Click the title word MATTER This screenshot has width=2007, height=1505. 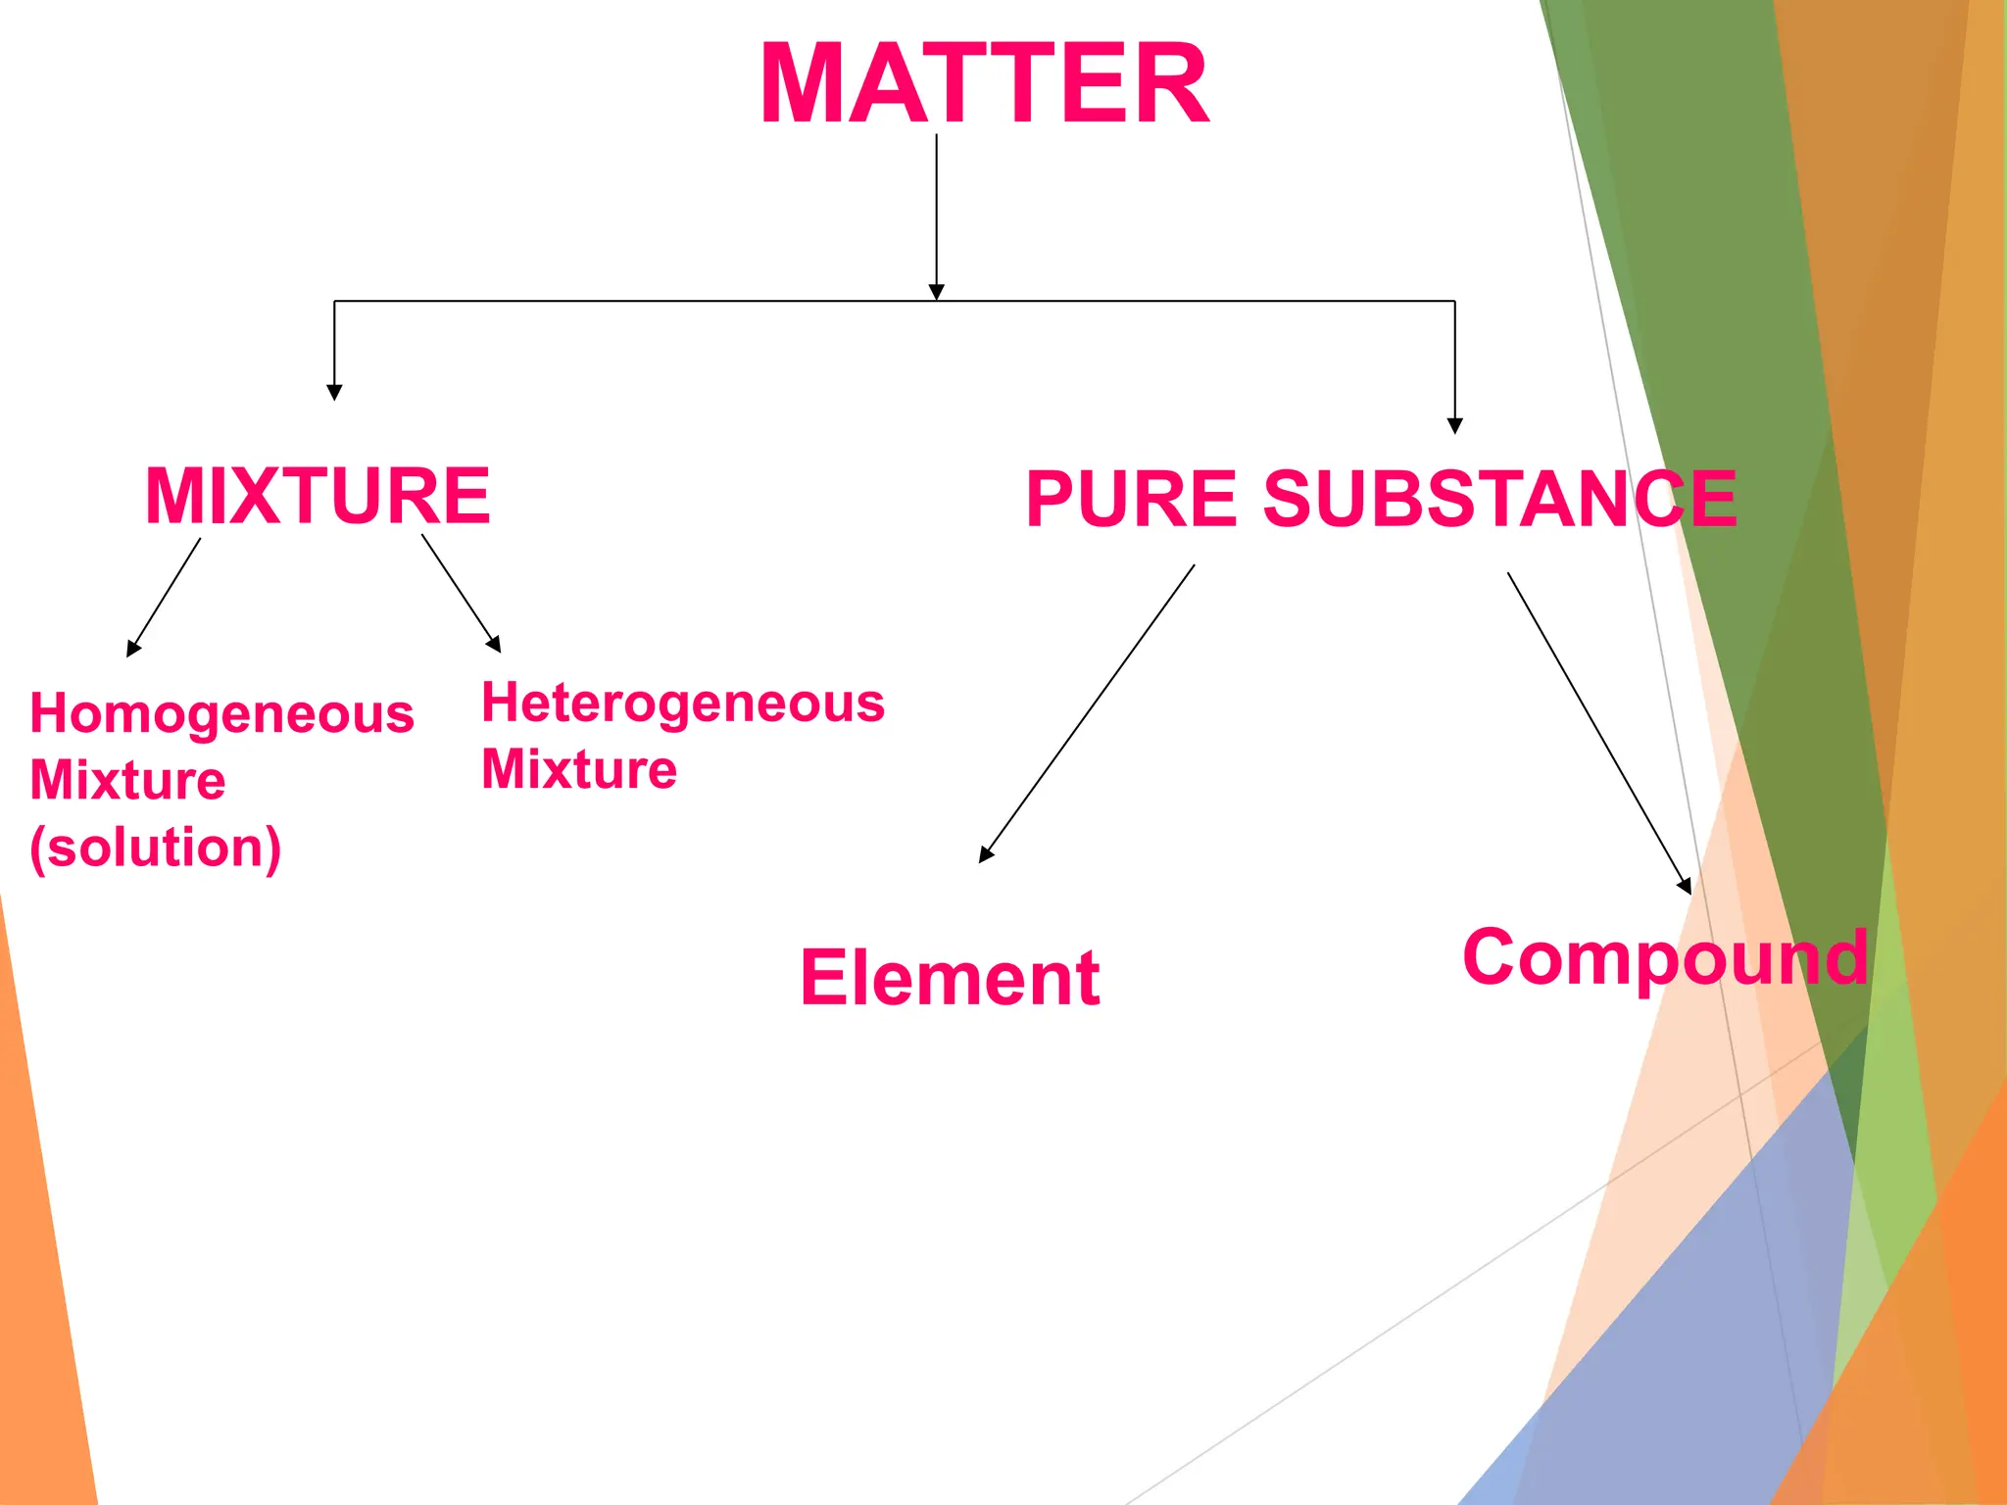(x=984, y=84)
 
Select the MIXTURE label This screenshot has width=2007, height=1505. (x=318, y=496)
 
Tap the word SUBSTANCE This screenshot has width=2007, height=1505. (x=1500, y=500)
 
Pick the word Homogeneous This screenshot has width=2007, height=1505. (x=221, y=714)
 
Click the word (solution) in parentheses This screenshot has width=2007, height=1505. (x=155, y=848)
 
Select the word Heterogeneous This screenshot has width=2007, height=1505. (x=683, y=704)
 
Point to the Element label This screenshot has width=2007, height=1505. (x=950, y=978)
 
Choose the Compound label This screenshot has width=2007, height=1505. (x=1665, y=958)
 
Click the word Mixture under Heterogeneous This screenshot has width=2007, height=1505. (x=578, y=769)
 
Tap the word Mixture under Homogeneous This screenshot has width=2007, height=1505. (x=127, y=781)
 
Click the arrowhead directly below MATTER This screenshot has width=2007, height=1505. (x=936, y=292)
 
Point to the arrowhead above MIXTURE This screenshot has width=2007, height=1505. (x=334, y=392)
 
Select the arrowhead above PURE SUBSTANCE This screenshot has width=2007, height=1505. (x=1454, y=425)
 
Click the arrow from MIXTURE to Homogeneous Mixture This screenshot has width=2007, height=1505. (x=165, y=596)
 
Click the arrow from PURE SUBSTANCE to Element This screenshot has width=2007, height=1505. (x=1088, y=712)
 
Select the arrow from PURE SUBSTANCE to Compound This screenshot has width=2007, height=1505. (x=1597, y=731)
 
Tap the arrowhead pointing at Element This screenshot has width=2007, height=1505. (x=985, y=855)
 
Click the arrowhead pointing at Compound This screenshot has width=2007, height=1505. (x=1685, y=886)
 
